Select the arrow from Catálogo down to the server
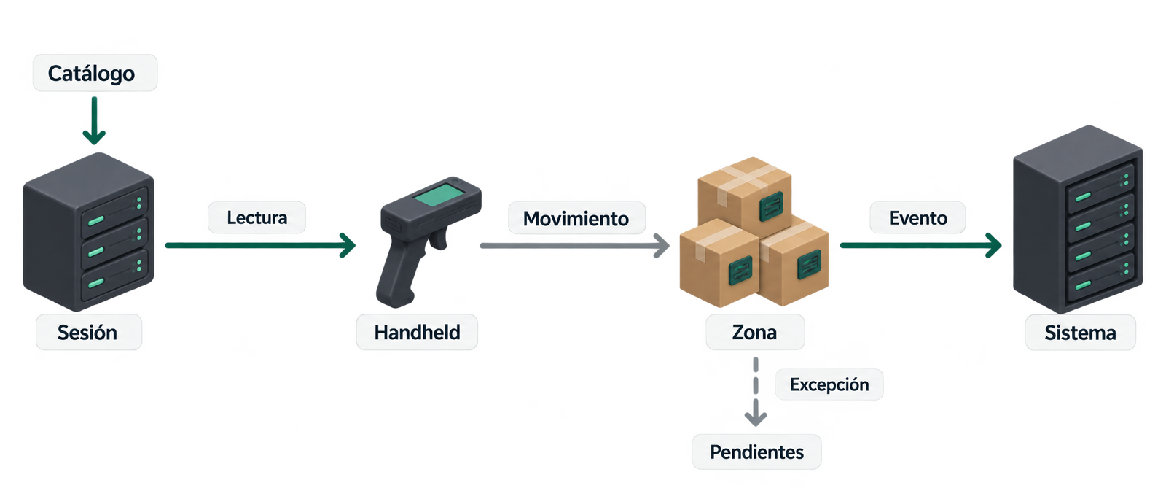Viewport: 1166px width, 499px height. point(94,120)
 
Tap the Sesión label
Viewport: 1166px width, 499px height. point(88,333)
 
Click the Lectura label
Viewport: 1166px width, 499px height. point(257,217)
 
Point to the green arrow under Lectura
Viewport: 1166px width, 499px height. point(260,245)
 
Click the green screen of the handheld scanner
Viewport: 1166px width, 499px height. point(439,195)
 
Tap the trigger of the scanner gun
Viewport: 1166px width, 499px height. point(438,239)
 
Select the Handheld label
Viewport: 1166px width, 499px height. point(417,333)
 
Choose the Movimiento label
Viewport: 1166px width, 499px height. point(576,218)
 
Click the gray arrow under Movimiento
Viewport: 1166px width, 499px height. point(575,246)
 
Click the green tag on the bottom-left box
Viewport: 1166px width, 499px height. point(740,271)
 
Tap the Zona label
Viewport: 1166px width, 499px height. point(755,333)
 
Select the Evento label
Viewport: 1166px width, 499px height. point(917,217)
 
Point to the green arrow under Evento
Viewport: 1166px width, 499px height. point(921,245)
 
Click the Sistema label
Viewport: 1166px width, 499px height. point(1080,333)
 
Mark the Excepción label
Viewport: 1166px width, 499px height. point(829,384)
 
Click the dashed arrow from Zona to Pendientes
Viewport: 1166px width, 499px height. point(755,392)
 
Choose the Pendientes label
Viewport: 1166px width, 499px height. point(757,452)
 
